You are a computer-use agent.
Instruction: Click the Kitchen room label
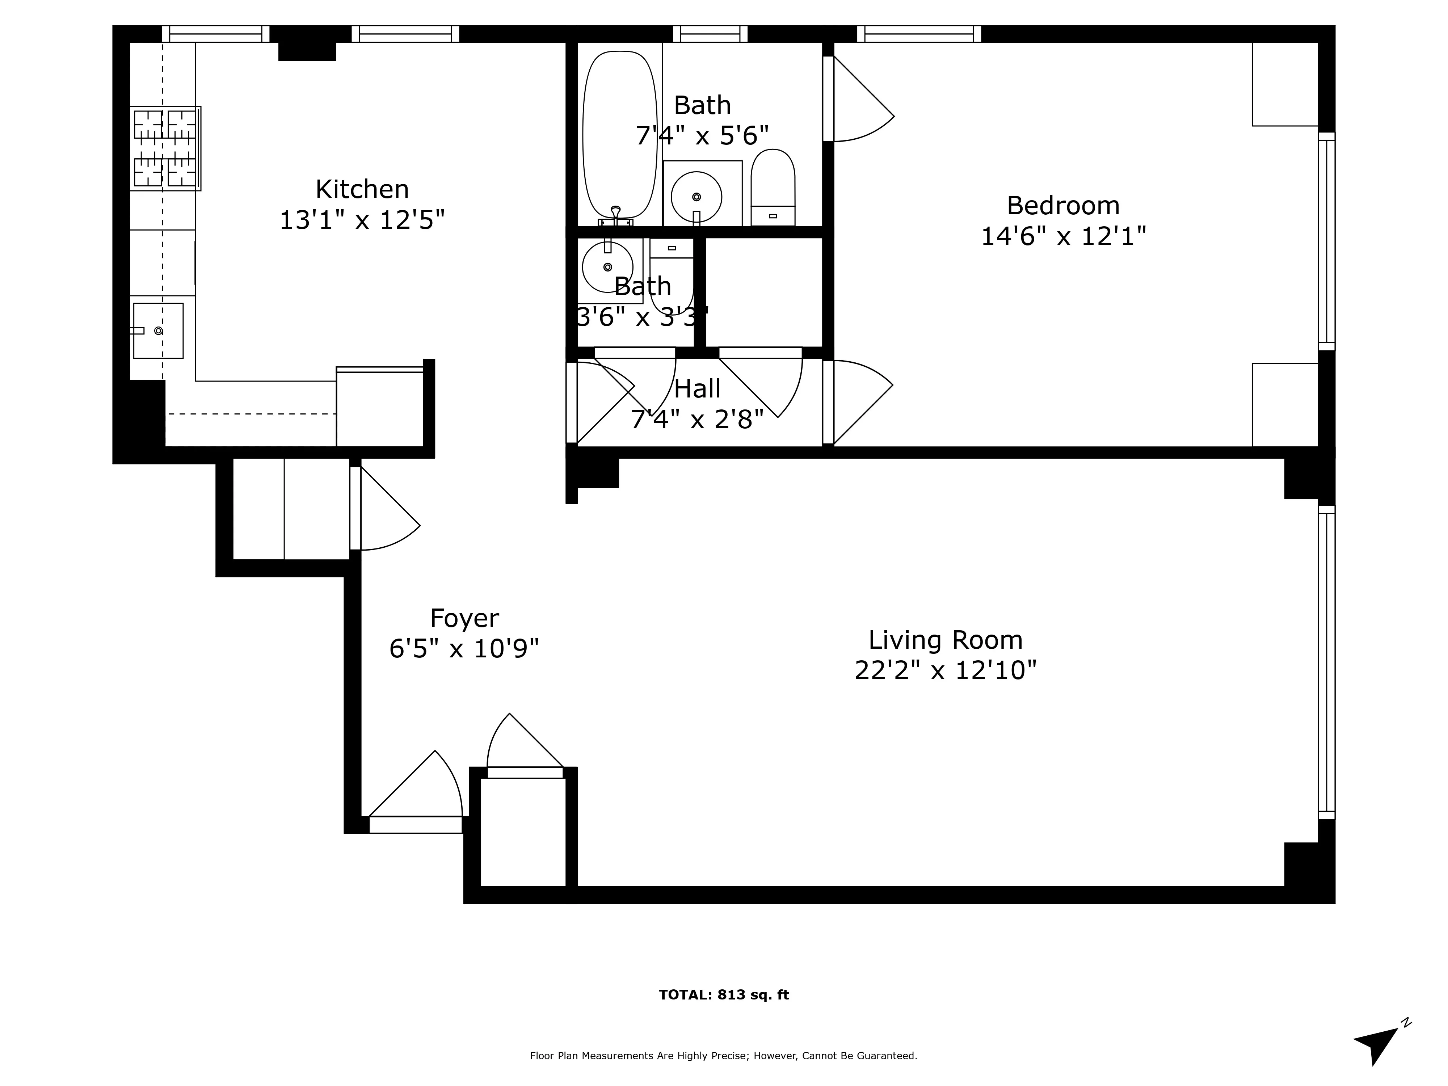(x=362, y=190)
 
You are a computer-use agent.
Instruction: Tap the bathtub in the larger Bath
(x=619, y=134)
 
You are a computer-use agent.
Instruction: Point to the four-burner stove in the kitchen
(x=165, y=148)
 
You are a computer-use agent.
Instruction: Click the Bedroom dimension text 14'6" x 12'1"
(x=1063, y=236)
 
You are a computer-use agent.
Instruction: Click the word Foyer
(x=464, y=618)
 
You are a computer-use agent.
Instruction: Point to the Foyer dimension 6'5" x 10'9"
(x=464, y=649)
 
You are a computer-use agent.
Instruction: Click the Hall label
(x=697, y=389)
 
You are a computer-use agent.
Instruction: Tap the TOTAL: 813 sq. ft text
(x=723, y=995)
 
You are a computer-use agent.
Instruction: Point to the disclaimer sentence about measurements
(x=723, y=1055)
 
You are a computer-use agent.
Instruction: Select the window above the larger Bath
(x=710, y=33)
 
